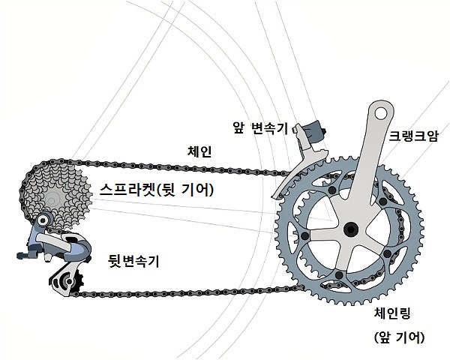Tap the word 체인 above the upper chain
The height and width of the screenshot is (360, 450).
click(x=199, y=151)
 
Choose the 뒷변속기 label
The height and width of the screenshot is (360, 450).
click(x=133, y=261)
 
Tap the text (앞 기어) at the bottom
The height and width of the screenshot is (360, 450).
click(x=399, y=337)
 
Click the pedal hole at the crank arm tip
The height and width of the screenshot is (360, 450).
click(x=382, y=113)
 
